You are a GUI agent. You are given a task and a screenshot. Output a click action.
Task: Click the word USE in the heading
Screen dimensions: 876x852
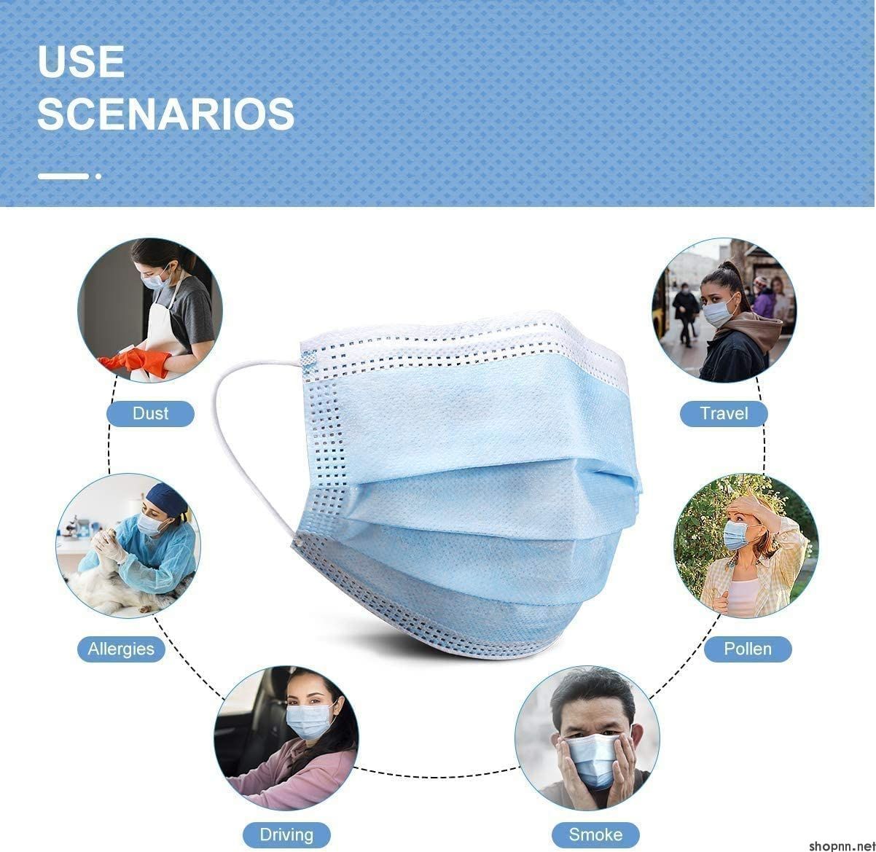click(81, 62)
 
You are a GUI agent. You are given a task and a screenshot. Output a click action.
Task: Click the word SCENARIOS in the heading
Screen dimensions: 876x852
click(166, 114)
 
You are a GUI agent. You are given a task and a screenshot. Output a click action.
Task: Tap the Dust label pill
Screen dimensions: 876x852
click(150, 413)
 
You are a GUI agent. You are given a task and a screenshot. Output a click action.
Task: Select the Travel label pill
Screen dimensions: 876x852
click(724, 413)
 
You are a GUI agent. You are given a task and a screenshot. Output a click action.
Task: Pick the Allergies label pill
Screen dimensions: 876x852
click(121, 649)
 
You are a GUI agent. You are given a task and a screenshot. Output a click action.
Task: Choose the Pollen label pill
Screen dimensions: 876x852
click(748, 649)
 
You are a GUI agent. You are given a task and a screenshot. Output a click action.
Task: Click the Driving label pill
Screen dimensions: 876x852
click(286, 835)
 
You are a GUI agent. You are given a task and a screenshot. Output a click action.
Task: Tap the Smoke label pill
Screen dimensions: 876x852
click(595, 835)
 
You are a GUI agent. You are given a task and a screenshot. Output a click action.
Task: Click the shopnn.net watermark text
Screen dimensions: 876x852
click(842, 845)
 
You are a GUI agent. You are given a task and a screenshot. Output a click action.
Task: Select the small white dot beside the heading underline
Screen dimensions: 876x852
click(98, 176)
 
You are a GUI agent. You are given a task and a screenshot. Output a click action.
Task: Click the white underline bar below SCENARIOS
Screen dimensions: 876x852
click(63, 176)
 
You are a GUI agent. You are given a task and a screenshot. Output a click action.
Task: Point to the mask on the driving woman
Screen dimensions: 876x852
click(310, 721)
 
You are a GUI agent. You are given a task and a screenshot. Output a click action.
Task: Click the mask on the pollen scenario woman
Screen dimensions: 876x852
click(736, 535)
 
